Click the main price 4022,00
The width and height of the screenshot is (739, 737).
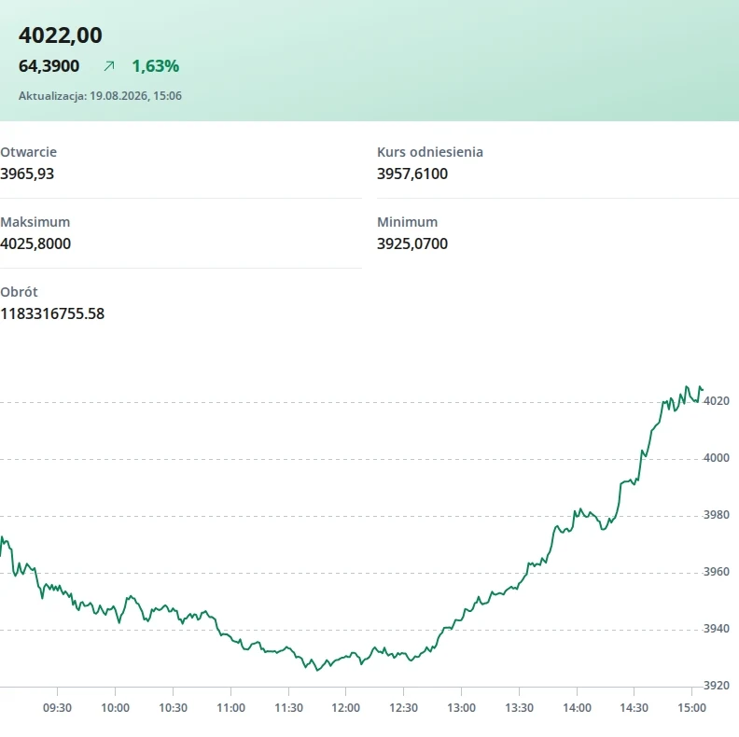61,35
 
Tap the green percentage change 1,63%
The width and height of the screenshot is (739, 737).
156,66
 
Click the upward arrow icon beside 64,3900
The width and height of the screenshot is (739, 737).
109,66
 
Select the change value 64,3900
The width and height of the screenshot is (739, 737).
49,66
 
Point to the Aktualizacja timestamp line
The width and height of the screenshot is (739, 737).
100,96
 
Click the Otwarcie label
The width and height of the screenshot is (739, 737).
28,152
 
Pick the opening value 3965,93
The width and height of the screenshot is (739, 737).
27,174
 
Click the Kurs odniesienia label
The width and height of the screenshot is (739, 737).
430,152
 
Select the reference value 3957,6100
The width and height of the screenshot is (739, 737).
412,174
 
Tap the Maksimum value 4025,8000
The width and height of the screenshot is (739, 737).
35,243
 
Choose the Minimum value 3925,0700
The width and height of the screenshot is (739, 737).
412,243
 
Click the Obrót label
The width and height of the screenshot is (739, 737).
19,292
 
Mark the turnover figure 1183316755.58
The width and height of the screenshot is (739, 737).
52,313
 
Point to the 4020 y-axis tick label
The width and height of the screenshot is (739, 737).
717,401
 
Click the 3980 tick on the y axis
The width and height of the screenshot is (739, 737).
717,515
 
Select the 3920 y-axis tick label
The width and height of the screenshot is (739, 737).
717,686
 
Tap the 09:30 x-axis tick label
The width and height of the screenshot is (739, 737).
58,708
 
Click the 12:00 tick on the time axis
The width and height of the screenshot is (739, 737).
346,708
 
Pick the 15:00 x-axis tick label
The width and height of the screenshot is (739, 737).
691,708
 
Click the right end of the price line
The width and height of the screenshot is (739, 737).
703,389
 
